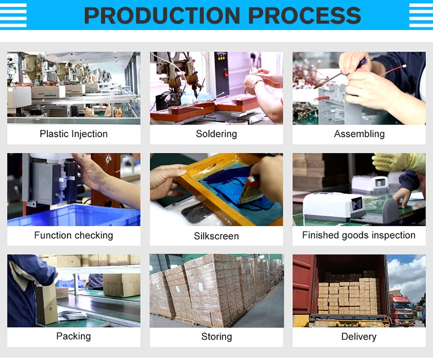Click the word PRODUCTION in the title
tap(162, 15)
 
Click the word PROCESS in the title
tap(305, 15)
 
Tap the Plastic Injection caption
tap(74, 134)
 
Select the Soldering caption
tap(216, 134)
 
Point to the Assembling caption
tap(359, 134)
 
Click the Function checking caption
tap(74, 235)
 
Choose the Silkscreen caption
tap(216, 236)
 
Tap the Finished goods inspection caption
tap(359, 235)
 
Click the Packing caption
tap(73, 336)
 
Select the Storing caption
tap(216, 336)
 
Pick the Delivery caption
tap(359, 336)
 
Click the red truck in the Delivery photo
tap(401, 310)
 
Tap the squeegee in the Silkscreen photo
tap(250, 190)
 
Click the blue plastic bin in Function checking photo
tap(74, 215)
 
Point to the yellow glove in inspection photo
tap(399, 163)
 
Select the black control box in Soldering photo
tap(222, 73)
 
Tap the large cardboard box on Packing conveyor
tap(121, 285)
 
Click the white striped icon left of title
tap(13, 15)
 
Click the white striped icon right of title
tap(421, 15)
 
